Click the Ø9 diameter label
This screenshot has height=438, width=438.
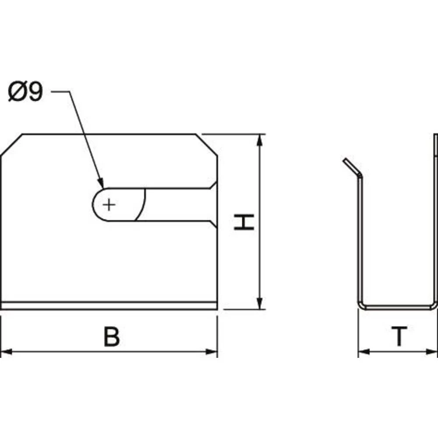(x=25, y=91)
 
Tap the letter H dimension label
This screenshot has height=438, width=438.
(x=244, y=222)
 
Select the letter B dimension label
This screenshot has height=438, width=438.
(x=111, y=336)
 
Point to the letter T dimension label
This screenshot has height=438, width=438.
(x=399, y=336)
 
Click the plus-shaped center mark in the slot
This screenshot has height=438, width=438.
(x=109, y=205)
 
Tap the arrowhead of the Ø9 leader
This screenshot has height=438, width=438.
(x=101, y=183)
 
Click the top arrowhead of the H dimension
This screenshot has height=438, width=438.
(x=260, y=140)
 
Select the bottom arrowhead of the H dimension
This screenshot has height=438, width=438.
(x=260, y=304)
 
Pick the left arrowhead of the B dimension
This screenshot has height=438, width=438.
(x=7, y=352)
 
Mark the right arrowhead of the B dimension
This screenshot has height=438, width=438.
(x=212, y=352)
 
